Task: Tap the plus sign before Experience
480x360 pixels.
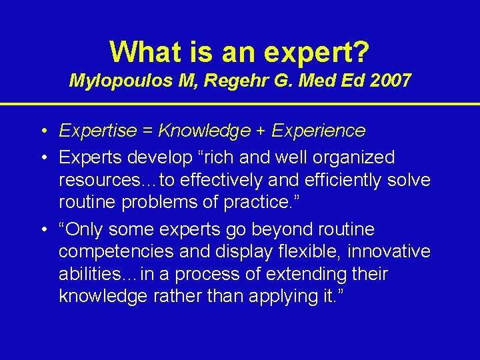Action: [x=250, y=131]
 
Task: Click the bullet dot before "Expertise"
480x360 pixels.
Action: [x=42, y=131]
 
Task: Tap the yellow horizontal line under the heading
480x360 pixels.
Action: [x=240, y=104]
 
